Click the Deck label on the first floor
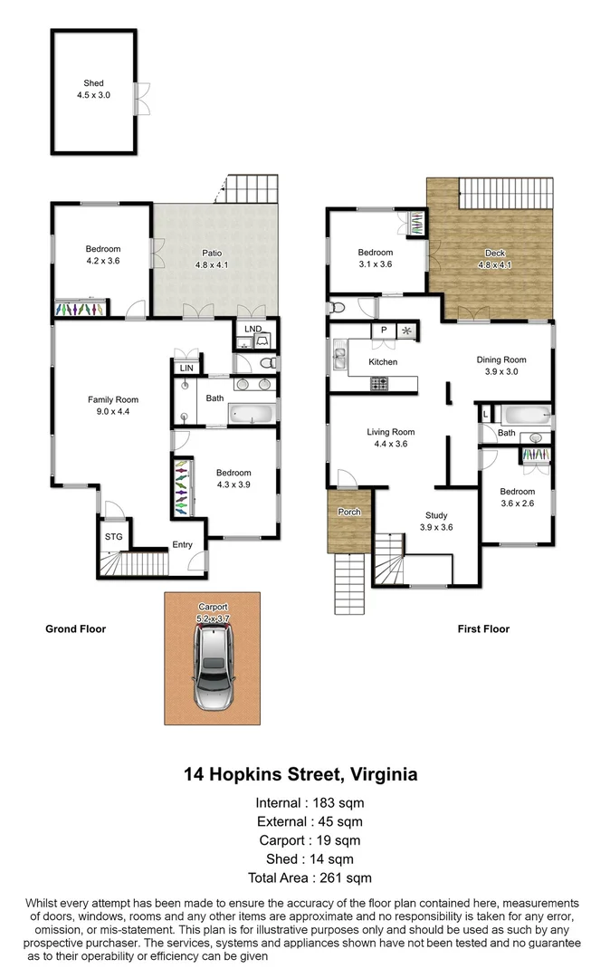[x=495, y=253]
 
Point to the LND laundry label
[x=253, y=329]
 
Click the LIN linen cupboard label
[x=186, y=369]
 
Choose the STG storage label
[x=113, y=537]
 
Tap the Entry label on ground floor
[x=183, y=545]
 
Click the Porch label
[x=349, y=513]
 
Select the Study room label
[x=437, y=516]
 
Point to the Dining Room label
[x=501, y=360]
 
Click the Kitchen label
[x=383, y=362]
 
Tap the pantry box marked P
[x=384, y=331]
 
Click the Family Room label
[x=112, y=399]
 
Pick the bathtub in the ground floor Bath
[x=249, y=416]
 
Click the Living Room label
[x=391, y=432]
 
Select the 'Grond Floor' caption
[x=76, y=628]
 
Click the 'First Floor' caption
[x=482, y=628]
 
